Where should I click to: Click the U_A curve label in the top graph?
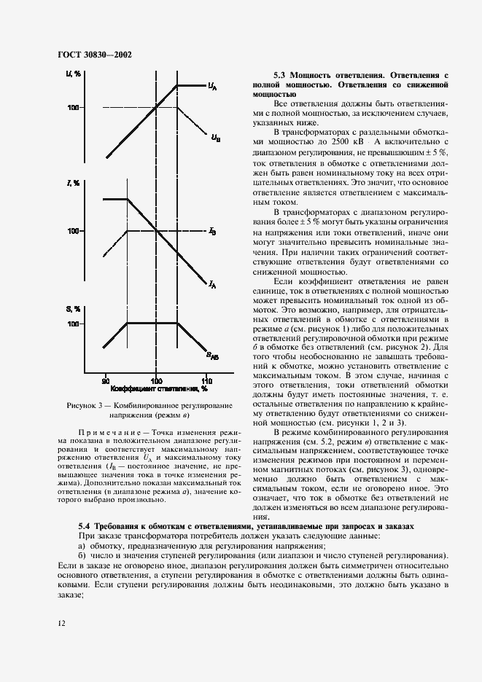(x=212, y=87)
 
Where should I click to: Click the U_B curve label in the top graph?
(x=216, y=136)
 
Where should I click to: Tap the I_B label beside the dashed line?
(x=211, y=231)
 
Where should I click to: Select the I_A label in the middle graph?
(x=211, y=285)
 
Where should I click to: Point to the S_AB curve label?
(x=211, y=356)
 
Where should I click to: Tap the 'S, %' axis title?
(x=73, y=309)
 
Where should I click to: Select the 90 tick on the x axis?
(x=105, y=380)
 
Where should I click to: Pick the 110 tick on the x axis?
(x=206, y=380)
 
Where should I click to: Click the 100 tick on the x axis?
(x=155, y=380)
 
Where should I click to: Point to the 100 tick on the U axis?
(x=73, y=108)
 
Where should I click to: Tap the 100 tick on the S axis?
(x=73, y=323)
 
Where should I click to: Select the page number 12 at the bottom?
(x=61, y=623)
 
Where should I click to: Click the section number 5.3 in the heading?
(x=279, y=75)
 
